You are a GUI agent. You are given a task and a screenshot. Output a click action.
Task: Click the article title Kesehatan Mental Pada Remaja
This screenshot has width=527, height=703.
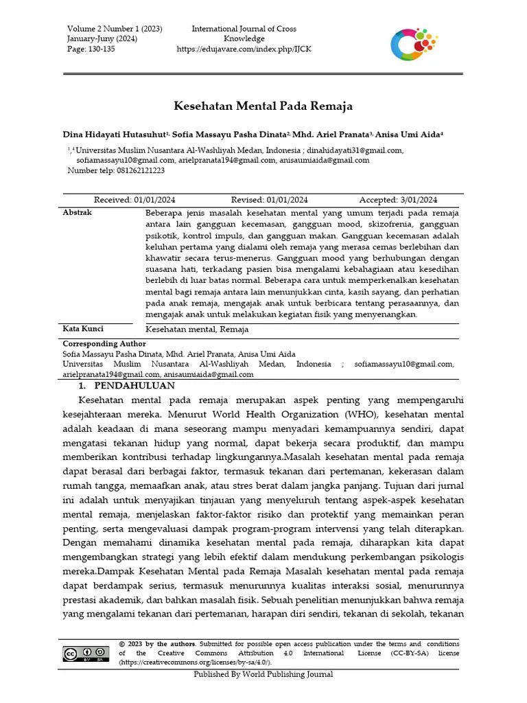pyautogui.click(x=262, y=106)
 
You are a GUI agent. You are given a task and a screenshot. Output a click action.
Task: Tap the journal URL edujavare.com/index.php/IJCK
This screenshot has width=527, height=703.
pyautogui.click(x=244, y=49)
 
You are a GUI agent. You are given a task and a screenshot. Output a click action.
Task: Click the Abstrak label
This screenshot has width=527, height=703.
pyautogui.click(x=77, y=213)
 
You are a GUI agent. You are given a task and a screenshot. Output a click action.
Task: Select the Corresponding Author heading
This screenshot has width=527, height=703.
pyautogui.click(x=104, y=343)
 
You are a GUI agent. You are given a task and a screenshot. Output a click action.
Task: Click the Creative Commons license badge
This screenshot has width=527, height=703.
pyautogui.click(x=86, y=653)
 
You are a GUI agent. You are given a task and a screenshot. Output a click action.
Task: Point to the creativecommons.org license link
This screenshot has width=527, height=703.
pyautogui.click(x=195, y=662)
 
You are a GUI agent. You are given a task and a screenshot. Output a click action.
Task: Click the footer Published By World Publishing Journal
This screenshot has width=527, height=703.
pyautogui.click(x=263, y=674)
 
